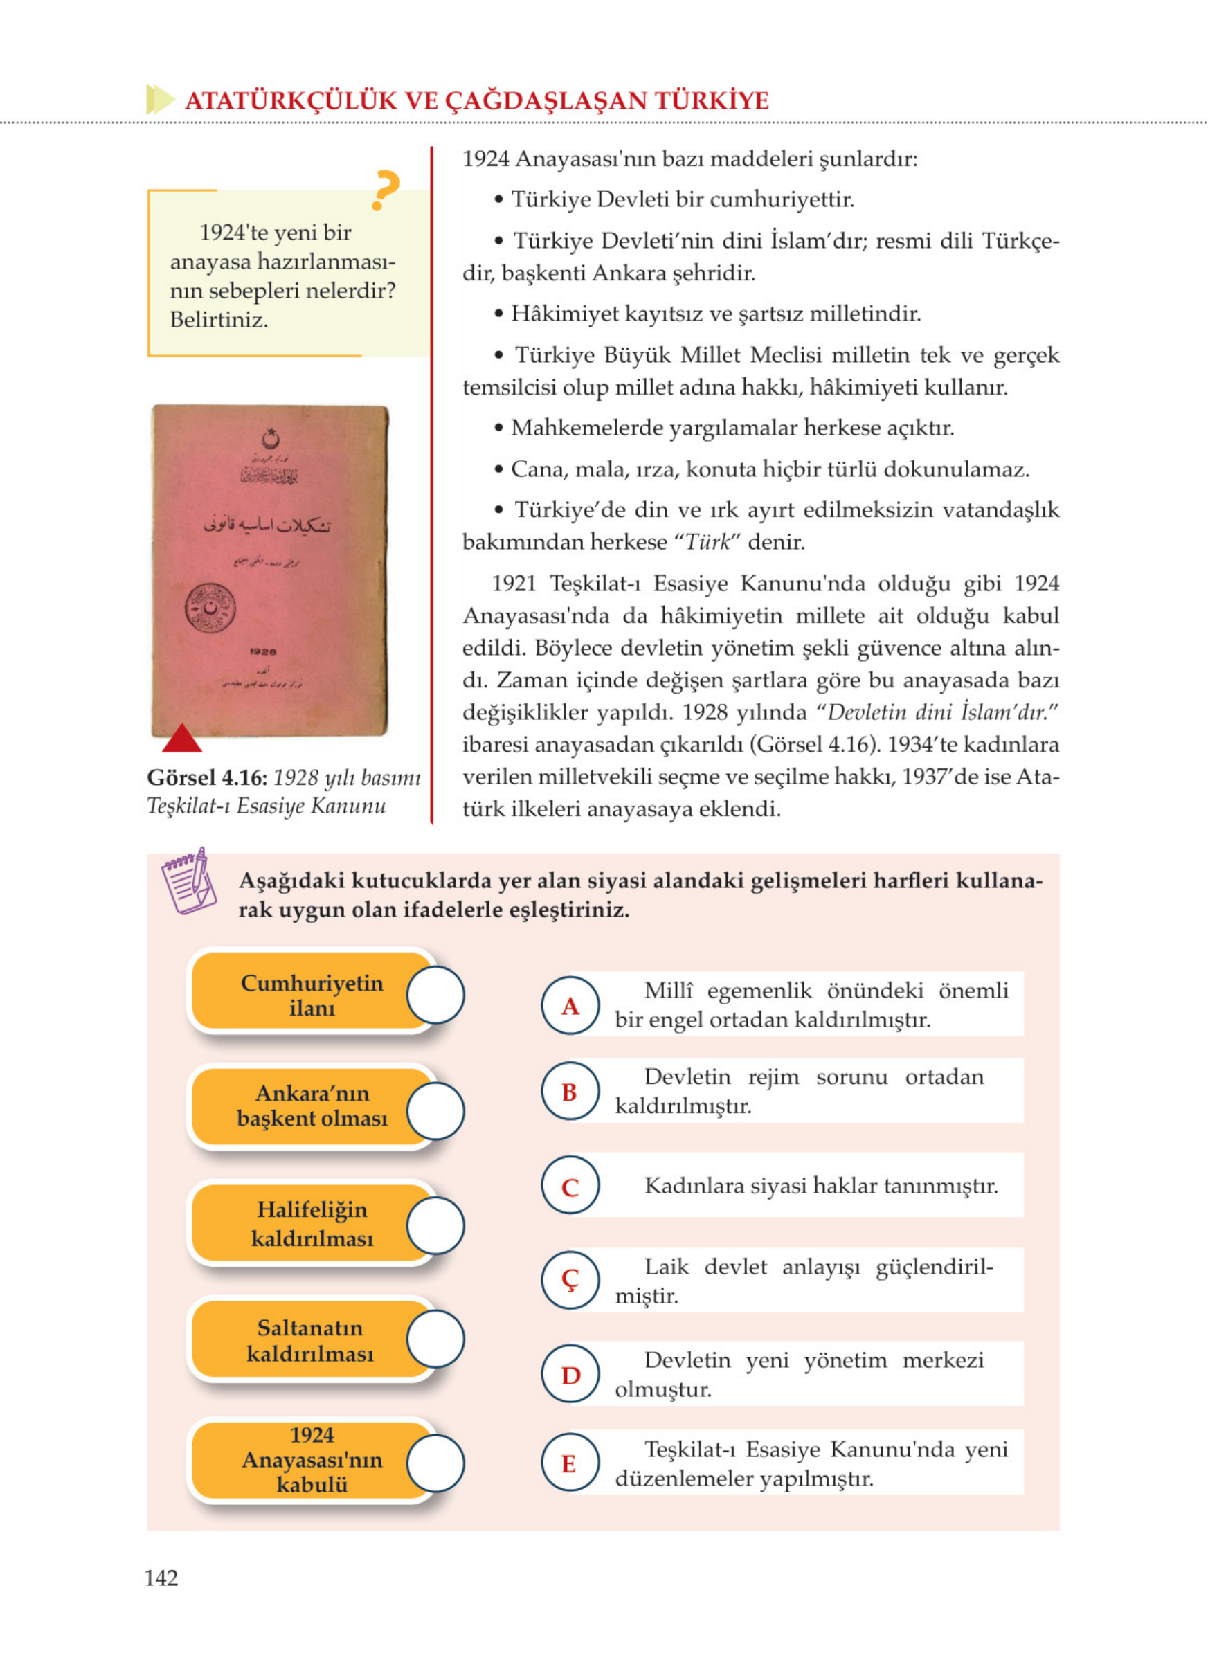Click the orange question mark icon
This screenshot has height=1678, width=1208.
[x=386, y=190]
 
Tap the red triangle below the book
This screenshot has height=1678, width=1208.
[x=181, y=739]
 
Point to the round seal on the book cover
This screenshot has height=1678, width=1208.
[x=210, y=607]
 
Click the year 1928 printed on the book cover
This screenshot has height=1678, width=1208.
[x=262, y=652]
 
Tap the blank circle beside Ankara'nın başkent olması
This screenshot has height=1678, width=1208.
[x=435, y=1110]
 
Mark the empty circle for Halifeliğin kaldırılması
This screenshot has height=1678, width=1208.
[x=435, y=1226]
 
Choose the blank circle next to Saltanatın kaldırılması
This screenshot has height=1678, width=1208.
[x=435, y=1338]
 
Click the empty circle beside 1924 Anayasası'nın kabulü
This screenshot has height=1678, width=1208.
[x=435, y=1463]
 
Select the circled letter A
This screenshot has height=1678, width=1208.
[x=570, y=1005]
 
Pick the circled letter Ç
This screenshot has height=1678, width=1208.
[x=570, y=1279]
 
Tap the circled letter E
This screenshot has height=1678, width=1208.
[x=570, y=1463]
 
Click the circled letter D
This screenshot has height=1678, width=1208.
[x=570, y=1375]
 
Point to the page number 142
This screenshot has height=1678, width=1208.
[x=161, y=1578]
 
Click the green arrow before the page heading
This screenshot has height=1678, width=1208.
[x=160, y=99]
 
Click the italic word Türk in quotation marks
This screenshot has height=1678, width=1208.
[x=707, y=542]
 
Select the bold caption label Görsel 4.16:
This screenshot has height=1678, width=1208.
[x=207, y=777]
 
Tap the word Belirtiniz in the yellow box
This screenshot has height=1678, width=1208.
[x=219, y=320]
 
